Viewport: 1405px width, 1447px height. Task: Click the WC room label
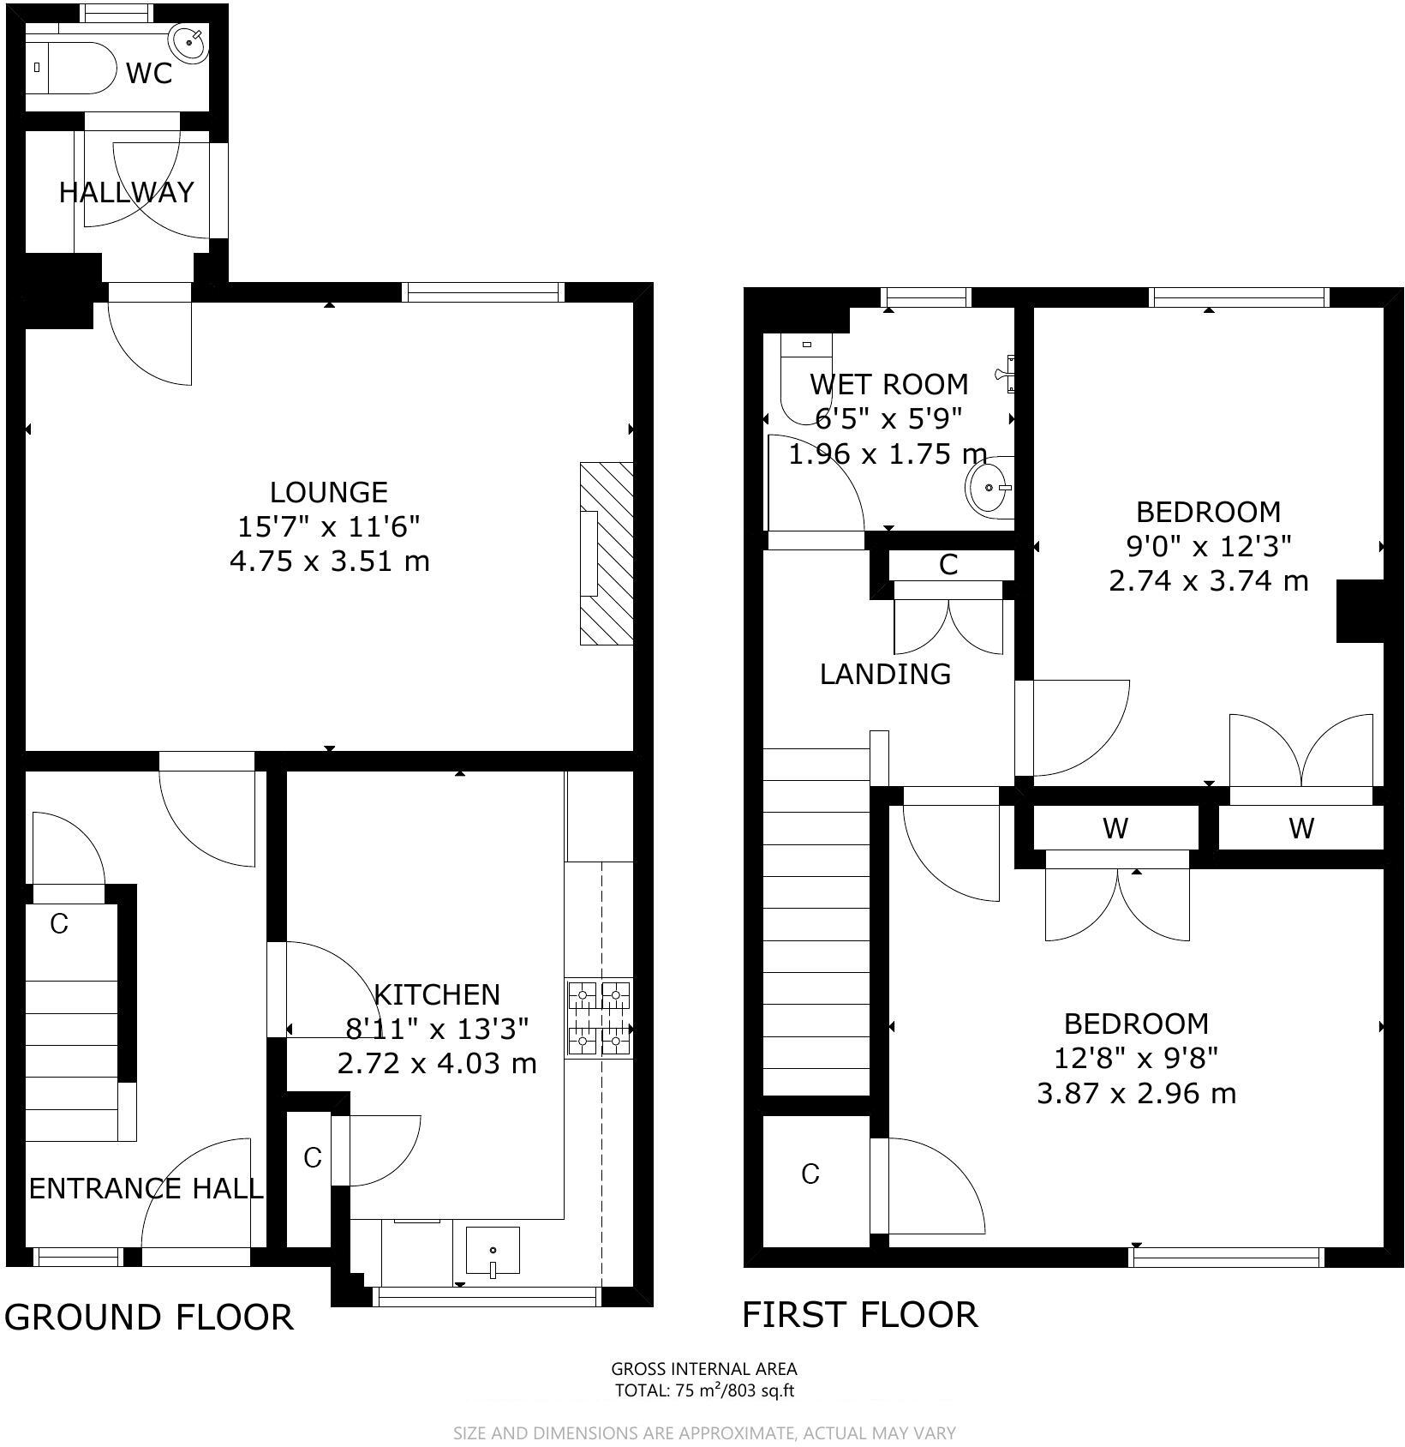pos(149,74)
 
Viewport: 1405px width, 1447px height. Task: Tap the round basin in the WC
pos(188,41)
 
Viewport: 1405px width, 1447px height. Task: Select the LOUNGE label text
pos(329,492)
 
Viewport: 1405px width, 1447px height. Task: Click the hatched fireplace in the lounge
pos(607,553)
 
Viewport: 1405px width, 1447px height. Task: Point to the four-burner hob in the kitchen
pos(599,1018)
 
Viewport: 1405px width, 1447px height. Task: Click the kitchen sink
pos(493,1252)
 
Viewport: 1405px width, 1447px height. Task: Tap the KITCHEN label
pos(437,994)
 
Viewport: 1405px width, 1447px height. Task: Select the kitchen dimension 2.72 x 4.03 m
pos(437,1064)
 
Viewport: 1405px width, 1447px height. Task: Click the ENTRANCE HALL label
pos(146,1188)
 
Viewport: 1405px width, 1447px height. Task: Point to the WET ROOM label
pos(889,383)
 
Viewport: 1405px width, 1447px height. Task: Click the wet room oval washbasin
pos(989,487)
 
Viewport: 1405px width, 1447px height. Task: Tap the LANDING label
pos(885,674)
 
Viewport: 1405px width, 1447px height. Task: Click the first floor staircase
pos(816,922)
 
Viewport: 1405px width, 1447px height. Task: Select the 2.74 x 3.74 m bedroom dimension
pos(1208,581)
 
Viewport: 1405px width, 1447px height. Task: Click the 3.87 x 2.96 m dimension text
pos(1136,1094)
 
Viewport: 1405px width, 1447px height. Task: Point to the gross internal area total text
pos(703,1390)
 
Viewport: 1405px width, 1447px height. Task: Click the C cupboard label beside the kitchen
pos(312,1158)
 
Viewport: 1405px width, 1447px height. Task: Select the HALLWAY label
pos(126,192)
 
